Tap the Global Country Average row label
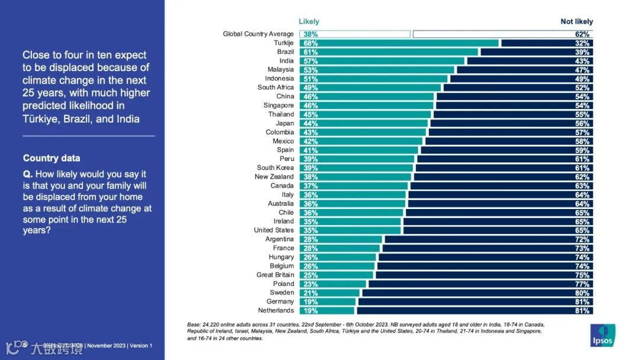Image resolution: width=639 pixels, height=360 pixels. coord(258,34)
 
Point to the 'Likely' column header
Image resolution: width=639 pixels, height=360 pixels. coord(309,22)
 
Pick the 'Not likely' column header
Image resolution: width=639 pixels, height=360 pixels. coord(576,22)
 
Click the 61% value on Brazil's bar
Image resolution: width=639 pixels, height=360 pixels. coord(311,52)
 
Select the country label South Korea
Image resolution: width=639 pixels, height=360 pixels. coord(275,168)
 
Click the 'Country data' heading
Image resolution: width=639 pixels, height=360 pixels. coord(51,158)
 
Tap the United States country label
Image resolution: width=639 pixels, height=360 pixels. coord(273,230)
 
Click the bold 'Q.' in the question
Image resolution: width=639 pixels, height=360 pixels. coord(28,175)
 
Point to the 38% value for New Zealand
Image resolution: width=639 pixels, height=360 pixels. coord(311,177)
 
